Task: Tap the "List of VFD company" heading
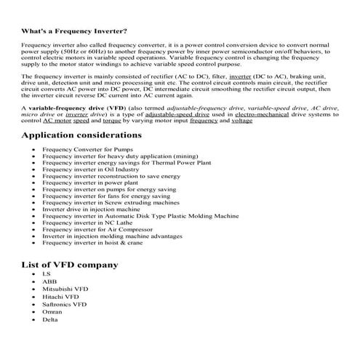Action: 70,264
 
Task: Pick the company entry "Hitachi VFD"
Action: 60,297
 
